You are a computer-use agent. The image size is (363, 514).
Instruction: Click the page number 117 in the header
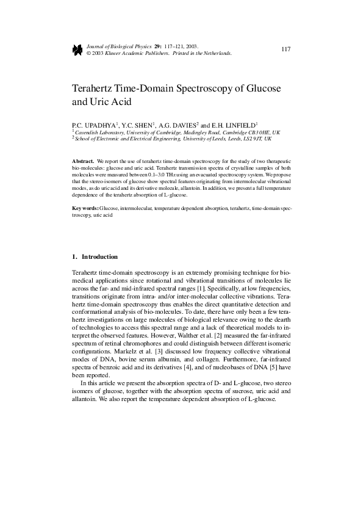[286, 49]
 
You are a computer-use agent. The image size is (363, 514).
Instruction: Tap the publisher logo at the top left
[77, 49]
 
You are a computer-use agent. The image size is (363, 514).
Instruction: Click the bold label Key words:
[85, 209]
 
